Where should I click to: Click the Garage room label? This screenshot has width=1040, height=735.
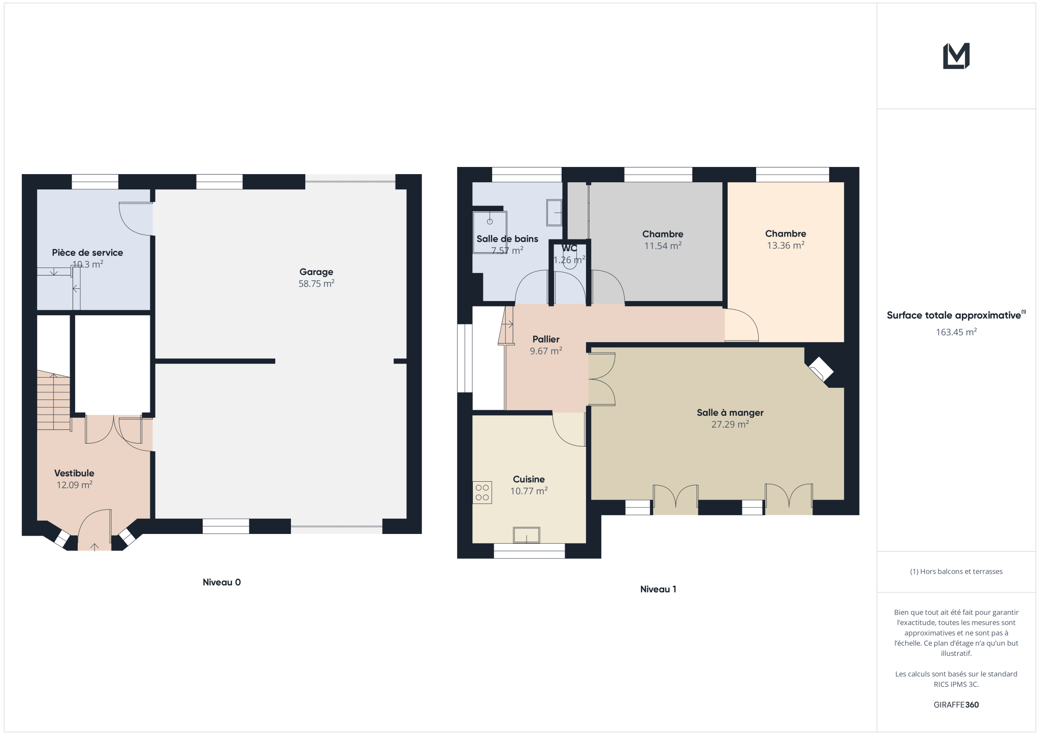click(316, 272)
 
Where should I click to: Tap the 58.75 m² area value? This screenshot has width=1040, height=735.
click(316, 284)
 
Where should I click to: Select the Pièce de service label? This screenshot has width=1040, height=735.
click(87, 253)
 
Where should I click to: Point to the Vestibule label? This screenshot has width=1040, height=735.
click(74, 473)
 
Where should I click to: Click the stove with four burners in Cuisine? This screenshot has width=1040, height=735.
click(482, 492)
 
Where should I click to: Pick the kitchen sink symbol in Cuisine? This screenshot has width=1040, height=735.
click(526, 535)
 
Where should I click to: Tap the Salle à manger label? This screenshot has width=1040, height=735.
click(730, 413)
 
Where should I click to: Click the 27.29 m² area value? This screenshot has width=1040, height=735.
click(730, 424)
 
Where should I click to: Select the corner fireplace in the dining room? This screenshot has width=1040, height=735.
click(821, 369)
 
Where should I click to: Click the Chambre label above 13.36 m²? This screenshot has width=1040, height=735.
click(786, 233)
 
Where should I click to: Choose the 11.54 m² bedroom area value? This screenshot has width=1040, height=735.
click(663, 246)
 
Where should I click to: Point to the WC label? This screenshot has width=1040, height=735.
click(569, 248)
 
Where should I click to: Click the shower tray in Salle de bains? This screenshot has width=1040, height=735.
click(490, 232)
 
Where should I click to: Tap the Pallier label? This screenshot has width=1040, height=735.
click(546, 339)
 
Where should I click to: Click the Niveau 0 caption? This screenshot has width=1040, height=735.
click(222, 582)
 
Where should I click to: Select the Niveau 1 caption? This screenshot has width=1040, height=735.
click(658, 589)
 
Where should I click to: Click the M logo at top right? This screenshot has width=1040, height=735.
click(956, 56)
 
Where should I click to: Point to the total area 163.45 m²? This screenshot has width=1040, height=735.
click(956, 332)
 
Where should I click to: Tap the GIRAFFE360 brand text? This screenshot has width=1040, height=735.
click(956, 705)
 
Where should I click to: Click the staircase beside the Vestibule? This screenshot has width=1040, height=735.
click(53, 401)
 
